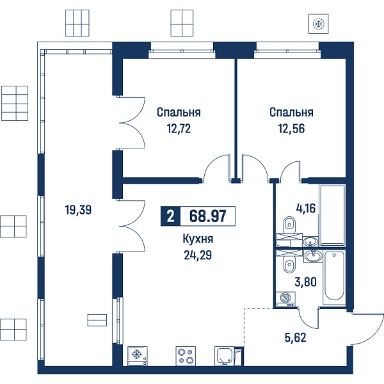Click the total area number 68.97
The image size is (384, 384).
click(x=207, y=216)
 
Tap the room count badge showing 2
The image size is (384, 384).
click(x=170, y=216)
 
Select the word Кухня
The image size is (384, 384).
click(x=198, y=239)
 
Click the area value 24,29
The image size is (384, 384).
click(x=198, y=255)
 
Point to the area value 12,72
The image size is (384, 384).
click(x=179, y=129)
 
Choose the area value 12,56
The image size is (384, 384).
click(x=291, y=129)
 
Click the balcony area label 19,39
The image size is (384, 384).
click(x=78, y=210)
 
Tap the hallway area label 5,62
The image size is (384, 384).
click(x=295, y=338)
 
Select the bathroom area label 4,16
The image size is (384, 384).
click(x=306, y=209)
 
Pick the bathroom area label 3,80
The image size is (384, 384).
click(x=305, y=282)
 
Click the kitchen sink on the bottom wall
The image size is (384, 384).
click(x=225, y=354)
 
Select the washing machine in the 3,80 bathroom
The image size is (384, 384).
click(x=285, y=299)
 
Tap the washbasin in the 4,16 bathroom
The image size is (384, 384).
click(x=310, y=242)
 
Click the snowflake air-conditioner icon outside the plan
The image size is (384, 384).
click(x=318, y=24)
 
